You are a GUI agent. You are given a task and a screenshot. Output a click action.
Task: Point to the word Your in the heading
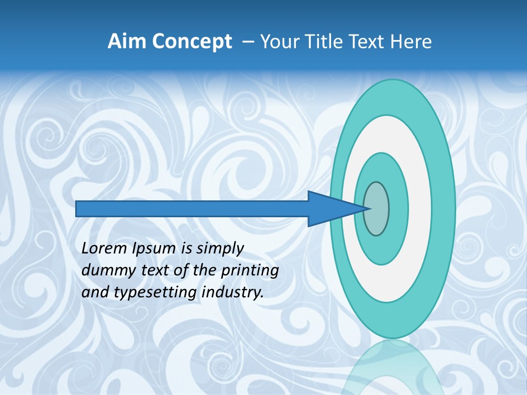(x=276, y=42)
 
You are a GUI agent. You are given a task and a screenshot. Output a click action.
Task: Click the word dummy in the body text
(x=106, y=271)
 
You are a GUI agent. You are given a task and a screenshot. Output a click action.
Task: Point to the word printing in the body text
(x=250, y=271)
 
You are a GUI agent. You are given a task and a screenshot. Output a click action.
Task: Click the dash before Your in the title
(x=248, y=42)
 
